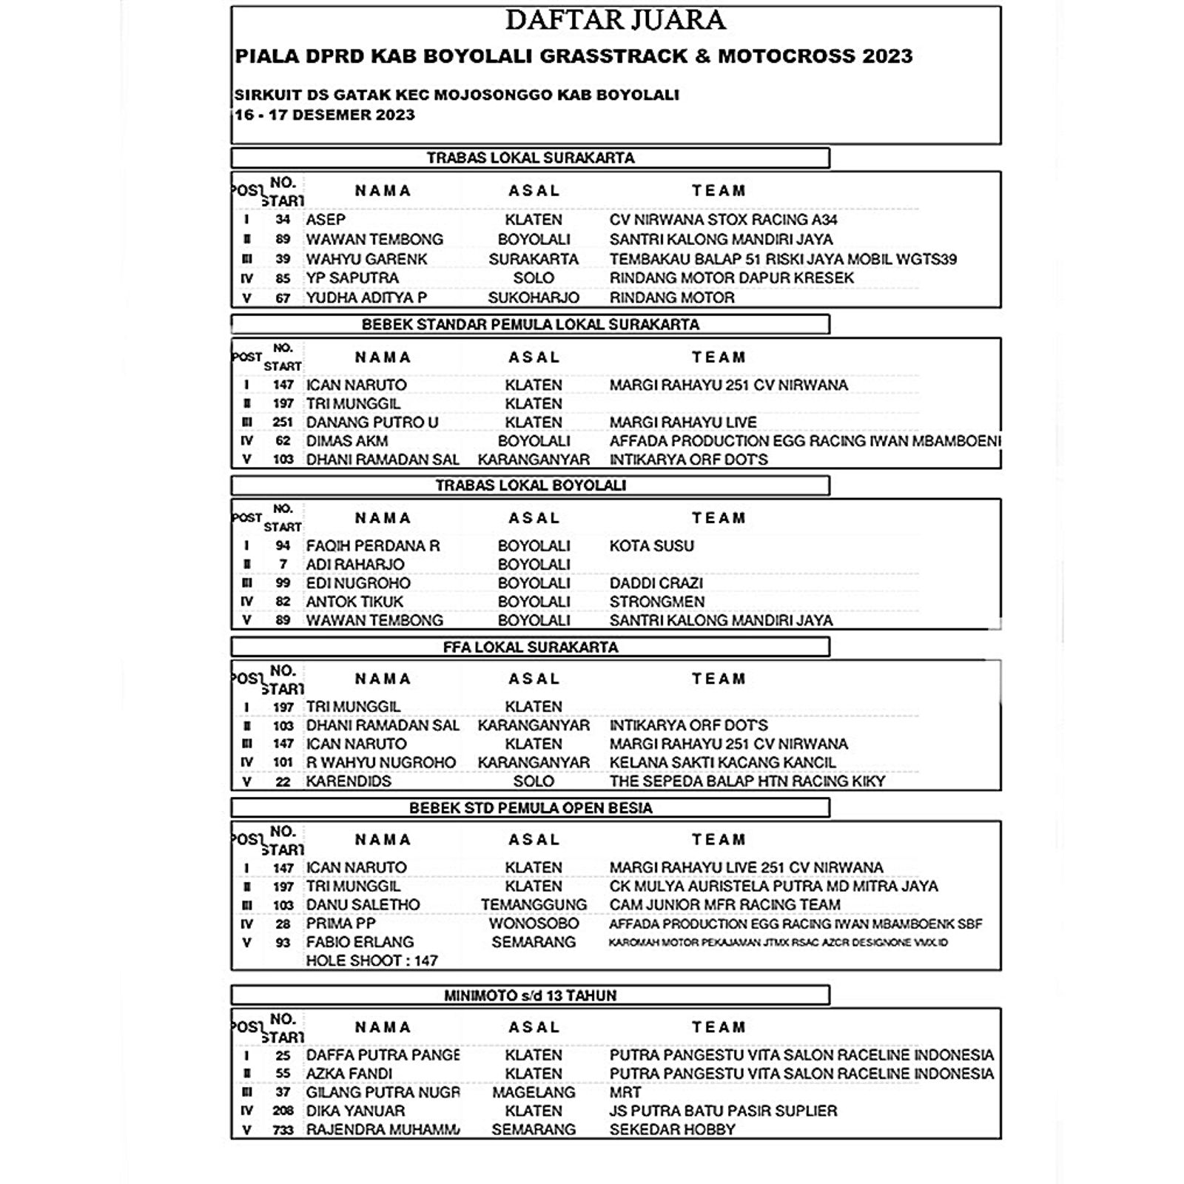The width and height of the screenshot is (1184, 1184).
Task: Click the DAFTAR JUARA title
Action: click(x=615, y=20)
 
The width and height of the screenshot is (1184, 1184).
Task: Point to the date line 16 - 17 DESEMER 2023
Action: click(x=325, y=115)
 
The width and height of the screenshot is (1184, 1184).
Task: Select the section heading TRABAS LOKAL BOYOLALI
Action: click(x=531, y=485)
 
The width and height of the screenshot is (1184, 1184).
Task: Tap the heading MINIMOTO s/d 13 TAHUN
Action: click(x=530, y=995)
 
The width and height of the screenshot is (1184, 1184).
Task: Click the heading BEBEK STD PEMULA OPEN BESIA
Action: click(x=531, y=807)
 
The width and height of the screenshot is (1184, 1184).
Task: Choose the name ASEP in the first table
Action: click(x=326, y=220)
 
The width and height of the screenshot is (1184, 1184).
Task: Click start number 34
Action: click(x=283, y=220)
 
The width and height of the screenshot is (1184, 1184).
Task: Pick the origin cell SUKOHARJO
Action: click(x=534, y=297)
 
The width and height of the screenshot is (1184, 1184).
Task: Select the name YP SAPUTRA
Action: click(x=352, y=277)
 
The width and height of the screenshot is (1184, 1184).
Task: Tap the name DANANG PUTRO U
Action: click(x=372, y=423)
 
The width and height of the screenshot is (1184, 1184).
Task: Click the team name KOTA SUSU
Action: click(x=651, y=546)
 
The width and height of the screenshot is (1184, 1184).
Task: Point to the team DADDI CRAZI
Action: click(x=656, y=583)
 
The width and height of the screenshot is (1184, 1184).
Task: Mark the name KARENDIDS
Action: click(x=349, y=781)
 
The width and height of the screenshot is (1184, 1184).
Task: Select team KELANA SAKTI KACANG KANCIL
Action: click(x=722, y=762)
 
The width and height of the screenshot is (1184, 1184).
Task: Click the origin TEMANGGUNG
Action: click(x=534, y=905)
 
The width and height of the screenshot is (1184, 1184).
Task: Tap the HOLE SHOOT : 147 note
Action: click(x=371, y=961)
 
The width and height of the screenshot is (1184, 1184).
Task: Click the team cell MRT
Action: click(x=625, y=1092)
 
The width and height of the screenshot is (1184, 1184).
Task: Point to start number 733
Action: click(x=283, y=1130)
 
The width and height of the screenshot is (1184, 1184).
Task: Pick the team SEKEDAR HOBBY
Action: click(x=672, y=1130)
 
